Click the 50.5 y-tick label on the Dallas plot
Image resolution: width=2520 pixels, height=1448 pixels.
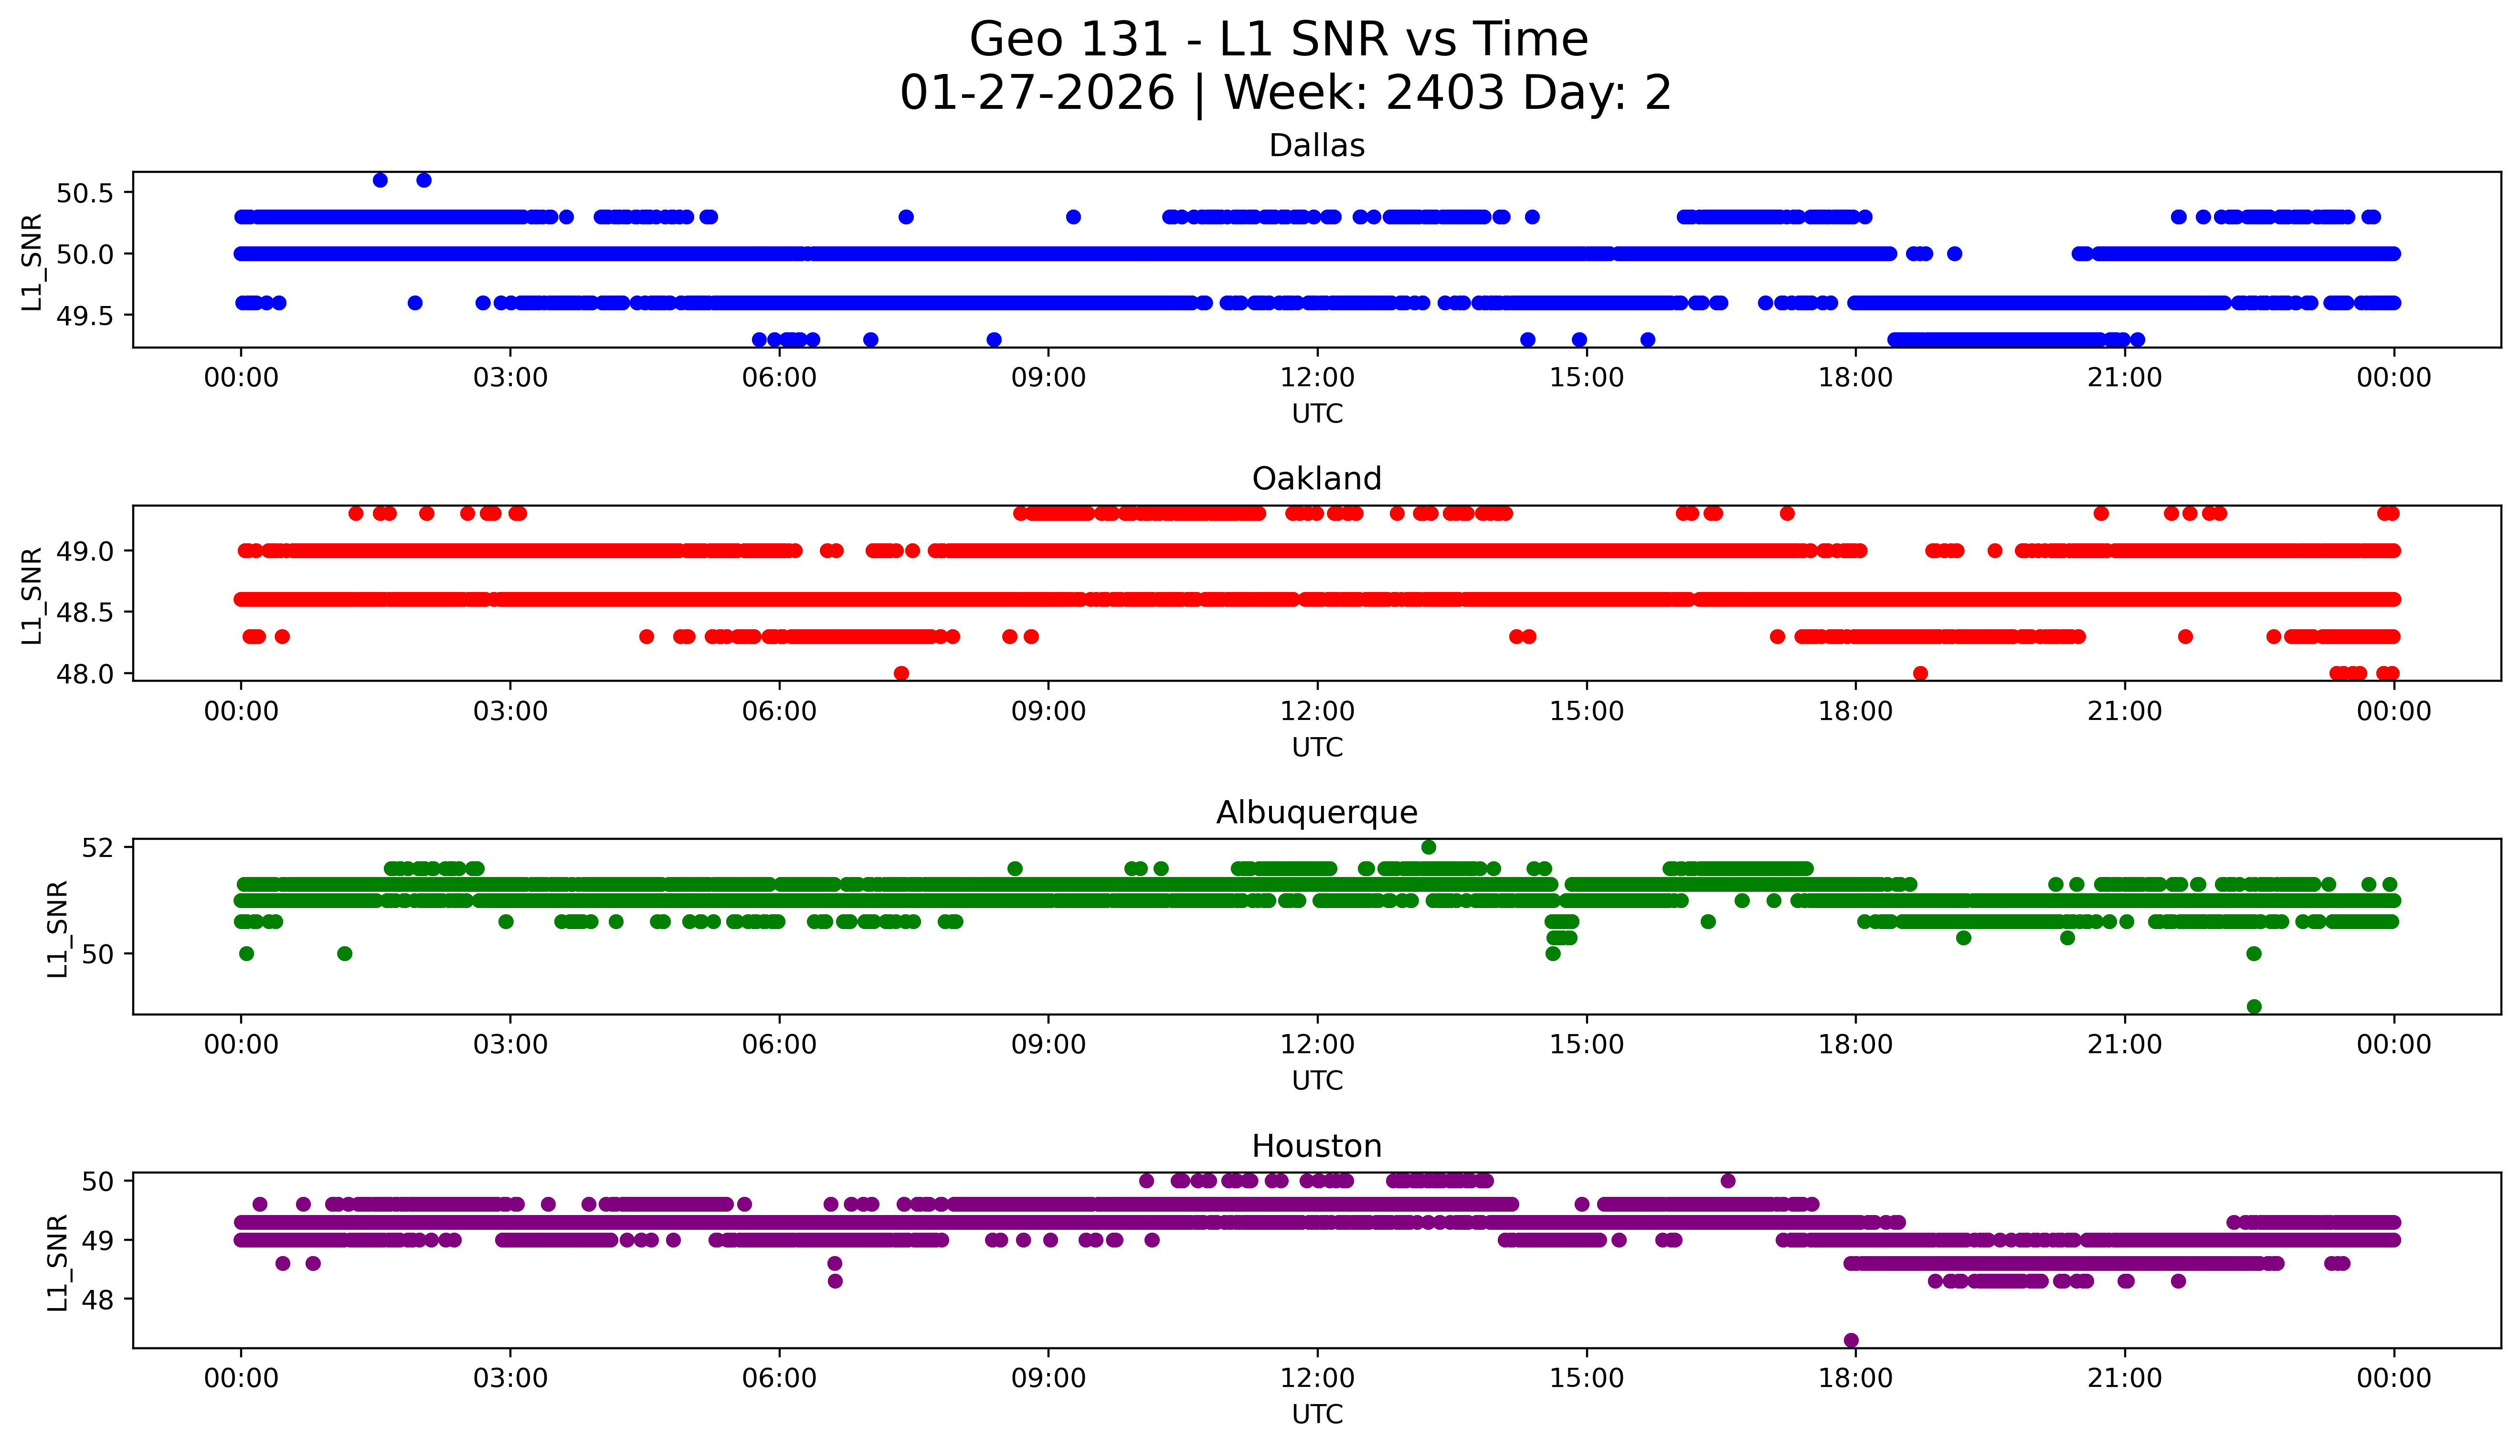point(85,193)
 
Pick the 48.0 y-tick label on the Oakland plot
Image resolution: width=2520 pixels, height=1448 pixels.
point(85,674)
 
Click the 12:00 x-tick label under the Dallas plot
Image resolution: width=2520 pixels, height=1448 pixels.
point(1317,378)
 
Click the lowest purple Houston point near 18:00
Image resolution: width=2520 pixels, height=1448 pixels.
point(1851,1341)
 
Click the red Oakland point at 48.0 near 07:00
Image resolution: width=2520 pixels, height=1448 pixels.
point(901,673)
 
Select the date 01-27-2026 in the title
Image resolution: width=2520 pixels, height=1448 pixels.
point(1037,94)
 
